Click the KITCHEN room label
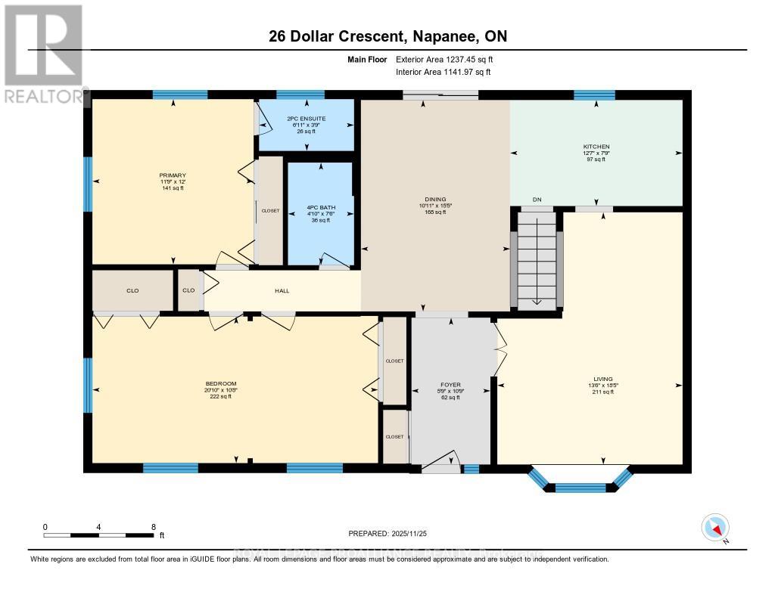[x=596, y=147]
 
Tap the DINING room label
[x=435, y=200]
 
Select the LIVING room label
[x=603, y=379]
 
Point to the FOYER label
[x=451, y=384]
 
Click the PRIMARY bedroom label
[x=173, y=175]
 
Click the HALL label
[x=282, y=290]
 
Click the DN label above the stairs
[x=537, y=200]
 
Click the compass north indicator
[x=715, y=528]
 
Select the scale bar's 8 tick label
[x=154, y=527]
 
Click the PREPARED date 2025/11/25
[x=387, y=532]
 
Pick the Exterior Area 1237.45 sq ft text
[x=444, y=60]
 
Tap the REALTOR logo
[x=43, y=54]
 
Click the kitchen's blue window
[x=594, y=95]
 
